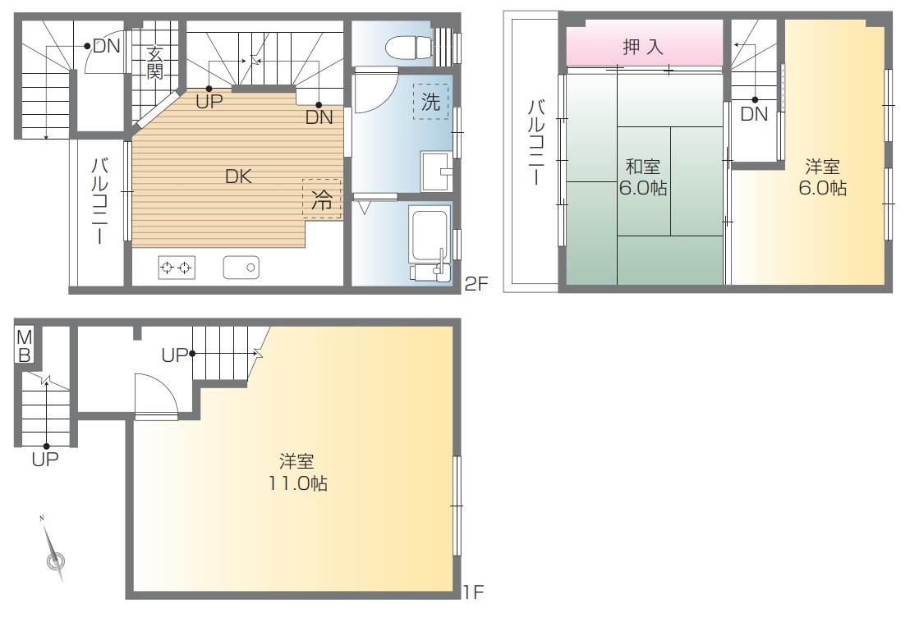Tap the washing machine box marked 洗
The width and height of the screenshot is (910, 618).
pos(430,102)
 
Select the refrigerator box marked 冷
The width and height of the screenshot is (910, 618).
pos(321,199)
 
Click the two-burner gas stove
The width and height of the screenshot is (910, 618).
pos(177,268)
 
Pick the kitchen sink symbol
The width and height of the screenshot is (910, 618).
pos(241,268)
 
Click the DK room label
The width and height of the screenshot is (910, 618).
pos(238,176)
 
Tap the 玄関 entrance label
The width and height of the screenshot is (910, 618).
pos(154,63)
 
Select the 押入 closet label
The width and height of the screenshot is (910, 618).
pos(643,47)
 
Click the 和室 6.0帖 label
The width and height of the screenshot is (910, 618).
pos(643,177)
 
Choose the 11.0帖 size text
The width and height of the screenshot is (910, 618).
pos(298,483)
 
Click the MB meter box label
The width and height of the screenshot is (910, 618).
pos(25,346)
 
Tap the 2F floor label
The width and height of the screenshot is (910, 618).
pos(476,283)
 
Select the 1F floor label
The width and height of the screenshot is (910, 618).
pos(474,592)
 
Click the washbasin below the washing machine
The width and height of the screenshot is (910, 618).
pos(436,171)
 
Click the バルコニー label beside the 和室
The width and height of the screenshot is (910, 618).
pos(535,143)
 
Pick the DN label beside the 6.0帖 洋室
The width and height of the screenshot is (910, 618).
pos(755,114)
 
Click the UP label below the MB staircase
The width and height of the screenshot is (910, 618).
pos(45,460)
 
